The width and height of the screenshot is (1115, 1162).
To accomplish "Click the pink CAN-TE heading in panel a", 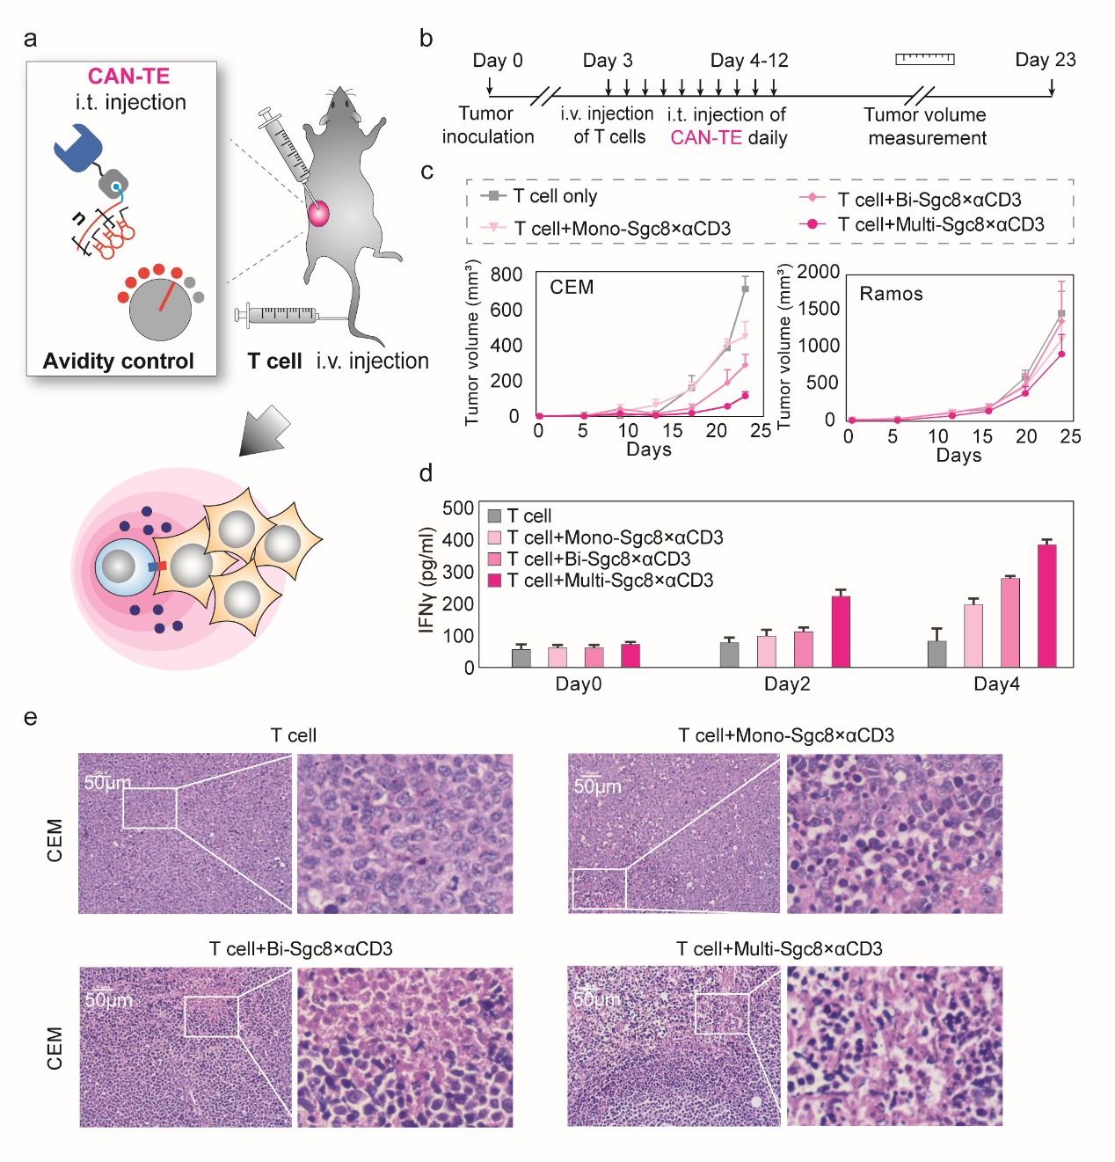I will click(x=128, y=77).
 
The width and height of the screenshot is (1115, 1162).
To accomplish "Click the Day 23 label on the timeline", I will click(x=1045, y=60).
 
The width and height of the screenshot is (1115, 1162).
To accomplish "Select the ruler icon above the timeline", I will click(x=924, y=59).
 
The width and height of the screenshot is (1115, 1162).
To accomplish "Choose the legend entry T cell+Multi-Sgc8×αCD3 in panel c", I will click(x=940, y=225).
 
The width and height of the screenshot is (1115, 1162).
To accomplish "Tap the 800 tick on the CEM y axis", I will click(x=506, y=274).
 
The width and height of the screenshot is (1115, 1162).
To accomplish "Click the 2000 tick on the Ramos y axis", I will click(x=819, y=272).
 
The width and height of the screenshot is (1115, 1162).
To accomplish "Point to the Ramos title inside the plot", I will click(x=891, y=294).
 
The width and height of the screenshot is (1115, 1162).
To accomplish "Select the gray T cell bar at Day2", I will click(x=729, y=654).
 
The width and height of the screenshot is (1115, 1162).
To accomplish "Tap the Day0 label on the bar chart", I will click(x=578, y=684).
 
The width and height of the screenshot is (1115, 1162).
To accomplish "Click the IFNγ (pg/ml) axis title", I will click(x=427, y=580).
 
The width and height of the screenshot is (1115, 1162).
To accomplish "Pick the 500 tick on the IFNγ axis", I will click(x=458, y=508).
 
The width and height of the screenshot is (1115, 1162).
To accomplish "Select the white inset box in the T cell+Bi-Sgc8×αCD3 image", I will click(x=211, y=1017).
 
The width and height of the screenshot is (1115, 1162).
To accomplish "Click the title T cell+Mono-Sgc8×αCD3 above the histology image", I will click(x=785, y=735).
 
